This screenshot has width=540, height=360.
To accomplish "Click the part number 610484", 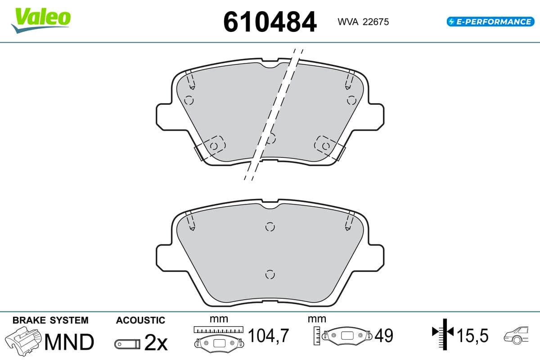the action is pos(270,22).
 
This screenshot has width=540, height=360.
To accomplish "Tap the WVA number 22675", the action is pos(376,22).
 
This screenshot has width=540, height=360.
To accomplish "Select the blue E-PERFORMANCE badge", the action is pos(490,22).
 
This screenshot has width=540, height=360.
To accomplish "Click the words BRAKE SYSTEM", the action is pos(50,320).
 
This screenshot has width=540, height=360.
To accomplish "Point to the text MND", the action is pos(69,342).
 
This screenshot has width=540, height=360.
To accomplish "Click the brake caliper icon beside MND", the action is pos(23,341).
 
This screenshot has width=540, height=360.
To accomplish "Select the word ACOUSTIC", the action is pos(140,320).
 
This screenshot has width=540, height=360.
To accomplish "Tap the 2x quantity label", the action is pos(156,342).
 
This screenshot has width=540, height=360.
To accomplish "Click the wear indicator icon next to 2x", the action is pos(127,344).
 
